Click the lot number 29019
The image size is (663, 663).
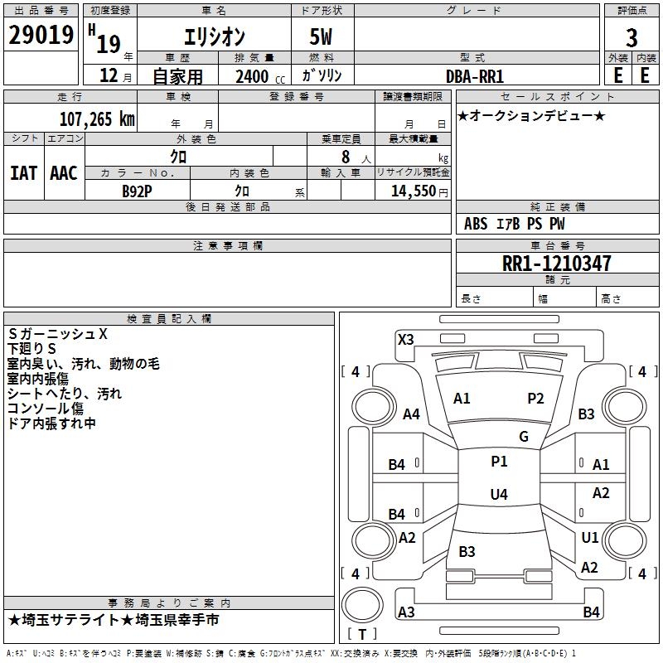(41, 35)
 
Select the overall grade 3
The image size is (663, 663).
(632, 38)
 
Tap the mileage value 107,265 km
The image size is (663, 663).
(97, 119)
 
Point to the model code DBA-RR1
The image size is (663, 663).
(475, 76)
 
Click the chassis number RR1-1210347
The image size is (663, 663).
(556, 264)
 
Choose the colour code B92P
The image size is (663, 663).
(137, 191)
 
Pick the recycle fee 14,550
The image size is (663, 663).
(414, 191)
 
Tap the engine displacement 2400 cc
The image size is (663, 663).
(260, 76)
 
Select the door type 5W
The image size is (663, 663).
(321, 36)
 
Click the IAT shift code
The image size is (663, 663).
(24, 173)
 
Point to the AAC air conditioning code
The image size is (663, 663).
(64, 173)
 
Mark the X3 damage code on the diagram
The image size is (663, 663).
(406, 340)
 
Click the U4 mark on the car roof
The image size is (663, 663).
(499, 494)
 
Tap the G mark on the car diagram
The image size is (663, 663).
(524, 437)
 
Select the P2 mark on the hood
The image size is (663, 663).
(535, 399)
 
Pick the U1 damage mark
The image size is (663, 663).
(590, 537)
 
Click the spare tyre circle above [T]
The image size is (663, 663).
(362, 605)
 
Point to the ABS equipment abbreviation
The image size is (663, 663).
(476, 224)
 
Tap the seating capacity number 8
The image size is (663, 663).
(346, 157)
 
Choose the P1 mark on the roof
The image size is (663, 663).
(499, 462)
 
